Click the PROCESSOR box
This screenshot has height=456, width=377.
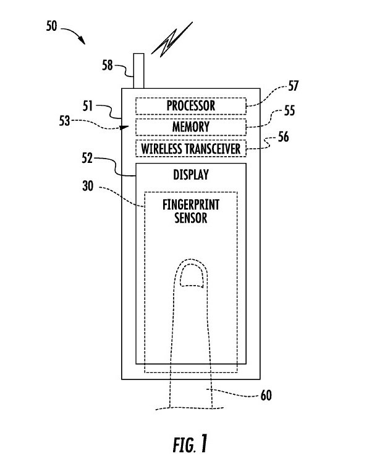(x=190, y=106)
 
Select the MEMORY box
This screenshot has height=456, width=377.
(x=190, y=127)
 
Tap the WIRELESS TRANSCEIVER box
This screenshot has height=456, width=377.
(x=190, y=149)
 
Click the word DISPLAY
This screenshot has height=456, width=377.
(x=190, y=175)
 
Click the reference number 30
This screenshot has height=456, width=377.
(x=88, y=183)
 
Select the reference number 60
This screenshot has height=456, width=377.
(x=265, y=394)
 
